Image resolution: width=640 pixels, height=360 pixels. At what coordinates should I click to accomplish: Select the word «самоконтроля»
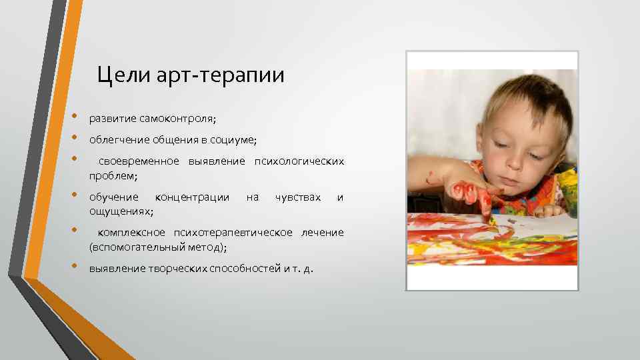click(177, 118)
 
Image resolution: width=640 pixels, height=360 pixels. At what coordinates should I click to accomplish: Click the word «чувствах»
click(298, 197)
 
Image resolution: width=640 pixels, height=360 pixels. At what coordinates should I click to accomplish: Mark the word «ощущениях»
click(120, 211)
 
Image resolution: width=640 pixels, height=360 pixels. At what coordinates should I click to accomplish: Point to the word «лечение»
click(323, 233)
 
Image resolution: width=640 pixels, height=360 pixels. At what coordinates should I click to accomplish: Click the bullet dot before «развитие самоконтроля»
click(75, 116)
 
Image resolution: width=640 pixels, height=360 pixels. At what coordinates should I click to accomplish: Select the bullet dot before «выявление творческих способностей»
click(75, 267)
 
